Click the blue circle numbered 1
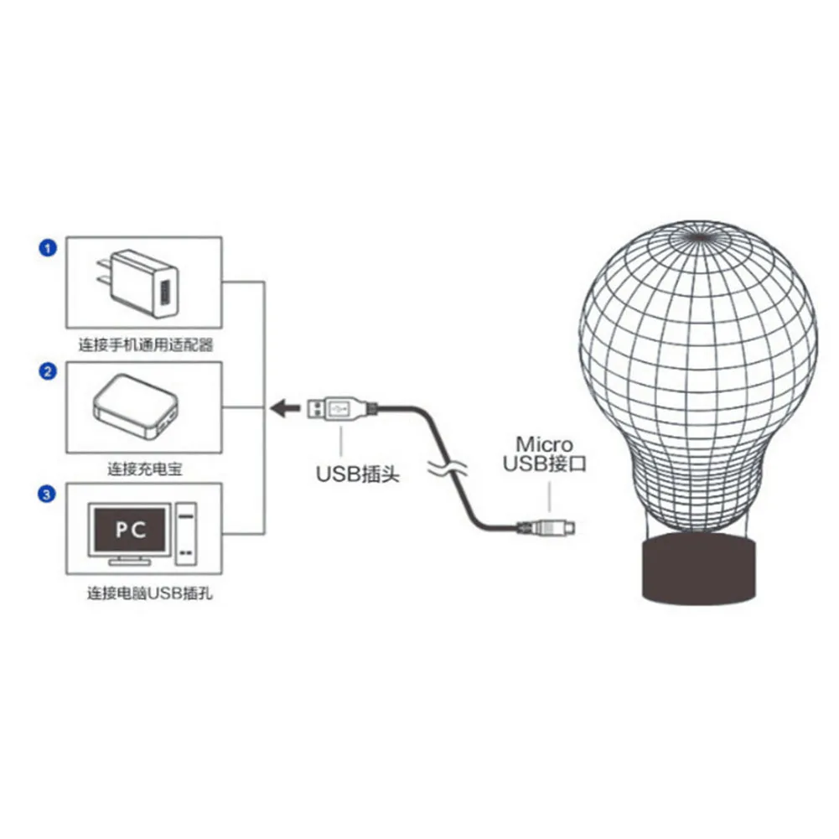point(48,248)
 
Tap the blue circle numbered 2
point(48,371)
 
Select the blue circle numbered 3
point(47,494)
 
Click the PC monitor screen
point(130,530)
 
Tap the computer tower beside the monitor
point(186,533)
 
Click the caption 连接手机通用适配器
point(146,345)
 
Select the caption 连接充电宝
point(145,469)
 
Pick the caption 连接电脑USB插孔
point(150,593)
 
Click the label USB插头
point(357,474)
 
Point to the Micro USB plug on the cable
point(546,528)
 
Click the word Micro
point(544,444)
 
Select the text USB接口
point(545,464)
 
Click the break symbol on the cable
point(448,469)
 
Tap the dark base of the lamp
point(699,569)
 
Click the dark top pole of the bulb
point(699,236)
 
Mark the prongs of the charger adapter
point(104,272)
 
